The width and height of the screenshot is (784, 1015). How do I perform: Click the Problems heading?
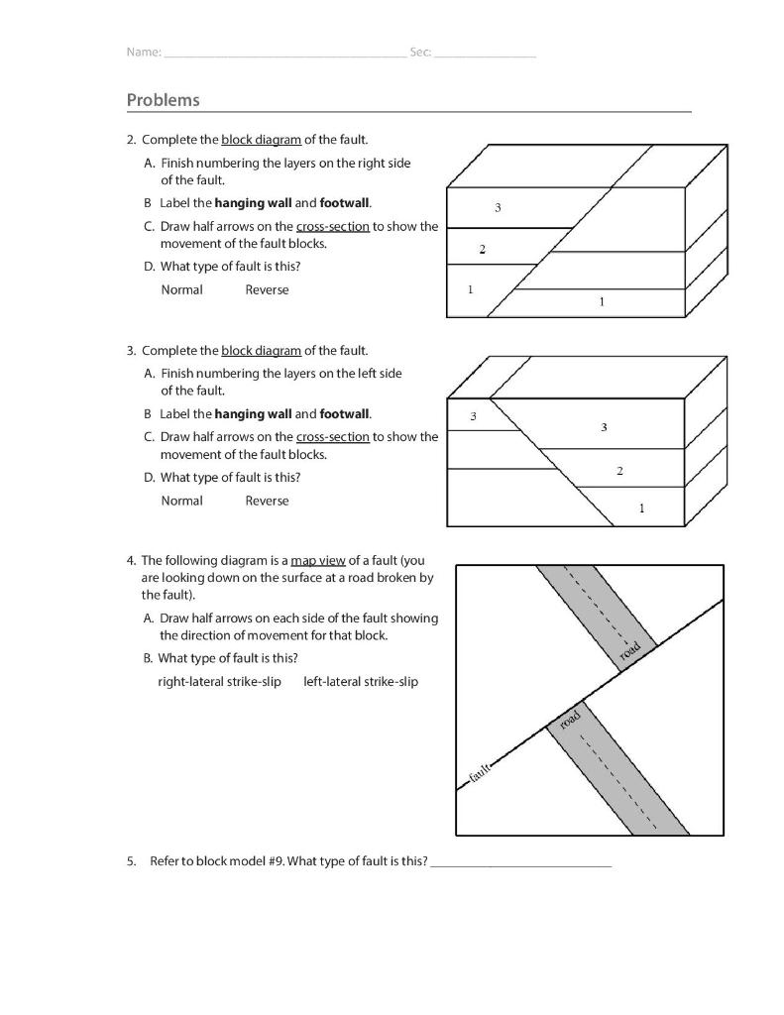163,100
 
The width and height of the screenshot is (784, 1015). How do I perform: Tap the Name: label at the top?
144,52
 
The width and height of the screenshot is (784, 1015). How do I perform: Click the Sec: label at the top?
420,52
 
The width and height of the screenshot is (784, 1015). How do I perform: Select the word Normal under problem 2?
181,290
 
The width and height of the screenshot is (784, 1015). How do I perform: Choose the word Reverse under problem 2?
267,290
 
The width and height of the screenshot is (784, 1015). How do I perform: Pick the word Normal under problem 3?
181,502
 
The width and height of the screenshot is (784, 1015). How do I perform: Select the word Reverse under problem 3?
267,502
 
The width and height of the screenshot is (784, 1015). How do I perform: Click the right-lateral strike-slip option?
219,682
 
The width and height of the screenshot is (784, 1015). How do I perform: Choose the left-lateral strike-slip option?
361,682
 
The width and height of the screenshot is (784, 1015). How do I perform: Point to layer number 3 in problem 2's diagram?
498,208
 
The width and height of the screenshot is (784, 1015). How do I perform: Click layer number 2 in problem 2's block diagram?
482,250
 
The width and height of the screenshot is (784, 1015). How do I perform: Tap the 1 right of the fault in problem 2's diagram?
601,301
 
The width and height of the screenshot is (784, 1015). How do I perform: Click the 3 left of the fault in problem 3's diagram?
473,416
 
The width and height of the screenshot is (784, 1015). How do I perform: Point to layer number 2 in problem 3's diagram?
619,471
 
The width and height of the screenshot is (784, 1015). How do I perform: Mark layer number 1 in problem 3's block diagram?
641,508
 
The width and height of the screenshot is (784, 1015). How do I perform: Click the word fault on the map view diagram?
480,774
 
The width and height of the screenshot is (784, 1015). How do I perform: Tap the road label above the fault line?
630,652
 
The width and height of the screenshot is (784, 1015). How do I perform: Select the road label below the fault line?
569,721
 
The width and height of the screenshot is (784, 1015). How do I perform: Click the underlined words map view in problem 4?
317,560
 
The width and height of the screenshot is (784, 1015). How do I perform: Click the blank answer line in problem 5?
521,862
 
